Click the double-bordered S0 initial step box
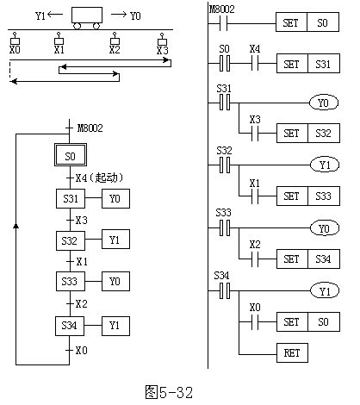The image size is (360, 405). tap(71, 155)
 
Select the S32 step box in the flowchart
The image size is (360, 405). tap(71, 240)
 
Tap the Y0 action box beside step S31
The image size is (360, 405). tap(115, 198)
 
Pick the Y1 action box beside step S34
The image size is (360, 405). tap(115, 326)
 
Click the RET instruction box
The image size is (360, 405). tap(292, 352)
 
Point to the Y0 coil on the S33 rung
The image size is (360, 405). tap(325, 228)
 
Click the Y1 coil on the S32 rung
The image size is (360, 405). tap(325, 165)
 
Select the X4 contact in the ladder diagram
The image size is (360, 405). tap(255, 63)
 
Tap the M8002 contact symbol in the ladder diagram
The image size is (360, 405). tap(223, 23)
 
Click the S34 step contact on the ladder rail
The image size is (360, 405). tap(225, 290)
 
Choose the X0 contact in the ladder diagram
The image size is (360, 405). tap(255, 321)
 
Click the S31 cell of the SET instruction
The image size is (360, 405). tap(324, 64)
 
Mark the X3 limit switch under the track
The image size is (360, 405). tap(162, 39)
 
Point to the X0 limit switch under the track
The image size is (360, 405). tap(15, 38)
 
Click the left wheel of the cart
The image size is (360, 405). tap(78, 26)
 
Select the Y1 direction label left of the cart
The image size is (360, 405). tap(40, 16)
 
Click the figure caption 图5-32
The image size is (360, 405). tap(169, 392)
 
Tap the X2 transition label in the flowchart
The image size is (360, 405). tap(81, 303)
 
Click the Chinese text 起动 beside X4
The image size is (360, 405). tap(106, 178)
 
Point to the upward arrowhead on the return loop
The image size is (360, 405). tap(16, 226)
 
